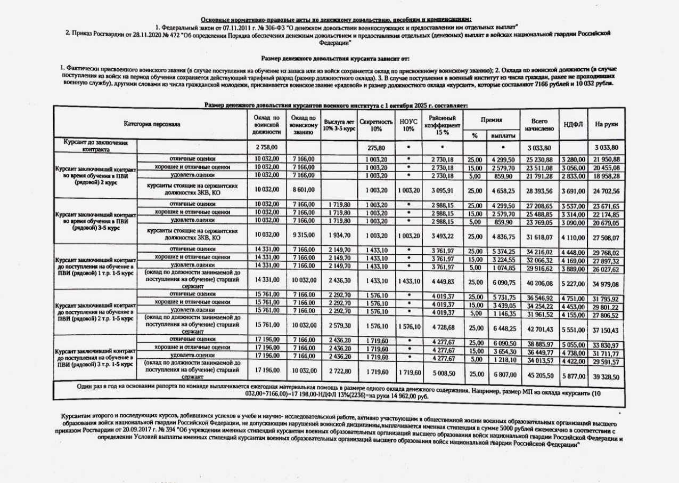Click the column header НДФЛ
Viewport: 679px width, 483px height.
pos(574,124)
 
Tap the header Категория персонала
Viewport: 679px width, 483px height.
pos(152,124)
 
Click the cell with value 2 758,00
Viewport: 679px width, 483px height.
pos(266,147)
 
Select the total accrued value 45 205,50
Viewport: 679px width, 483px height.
pos(539,375)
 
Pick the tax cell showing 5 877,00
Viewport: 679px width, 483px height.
pos(574,375)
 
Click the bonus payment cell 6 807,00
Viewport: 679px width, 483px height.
pos(502,374)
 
